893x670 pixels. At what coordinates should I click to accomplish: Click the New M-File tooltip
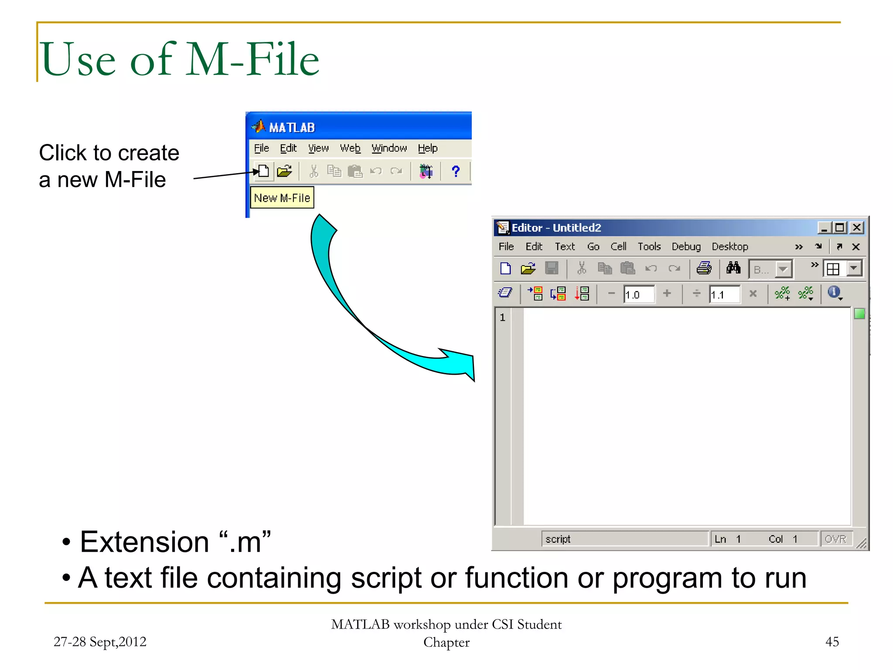pyautogui.click(x=282, y=198)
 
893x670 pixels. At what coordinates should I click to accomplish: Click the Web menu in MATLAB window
pyautogui.click(x=350, y=148)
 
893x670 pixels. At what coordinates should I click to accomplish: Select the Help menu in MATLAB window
pyautogui.click(x=427, y=148)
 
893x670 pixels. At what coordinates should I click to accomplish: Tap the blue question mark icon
pyautogui.click(x=456, y=171)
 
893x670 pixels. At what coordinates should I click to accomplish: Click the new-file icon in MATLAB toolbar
pyautogui.click(x=263, y=171)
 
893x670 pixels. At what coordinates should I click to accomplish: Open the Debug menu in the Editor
pyautogui.click(x=685, y=246)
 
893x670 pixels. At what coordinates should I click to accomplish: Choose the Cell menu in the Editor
pyautogui.click(x=618, y=246)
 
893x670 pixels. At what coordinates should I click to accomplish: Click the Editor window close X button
pyautogui.click(x=856, y=228)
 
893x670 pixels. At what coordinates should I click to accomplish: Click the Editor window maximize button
pyautogui.click(x=840, y=228)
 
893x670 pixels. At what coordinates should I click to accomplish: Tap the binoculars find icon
pyautogui.click(x=733, y=268)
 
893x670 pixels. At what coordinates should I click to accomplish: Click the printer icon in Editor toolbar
pyautogui.click(x=704, y=268)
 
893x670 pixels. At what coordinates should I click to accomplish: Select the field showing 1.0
pyautogui.click(x=638, y=294)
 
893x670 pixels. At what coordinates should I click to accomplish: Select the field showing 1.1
pyautogui.click(x=724, y=294)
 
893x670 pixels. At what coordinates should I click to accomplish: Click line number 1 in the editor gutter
pyautogui.click(x=502, y=318)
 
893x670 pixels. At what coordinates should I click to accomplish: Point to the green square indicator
pyautogui.click(x=859, y=314)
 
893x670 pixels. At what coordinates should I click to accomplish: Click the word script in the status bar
pyautogui.click(x=558, y=539)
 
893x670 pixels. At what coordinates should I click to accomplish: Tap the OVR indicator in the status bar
pyautogui.click(x=835, y=539)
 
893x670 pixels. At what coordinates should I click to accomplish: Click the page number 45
pyautogui.click(x=832, y=642)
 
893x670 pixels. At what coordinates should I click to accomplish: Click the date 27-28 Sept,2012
pyautogui.click(x=100, y=642)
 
